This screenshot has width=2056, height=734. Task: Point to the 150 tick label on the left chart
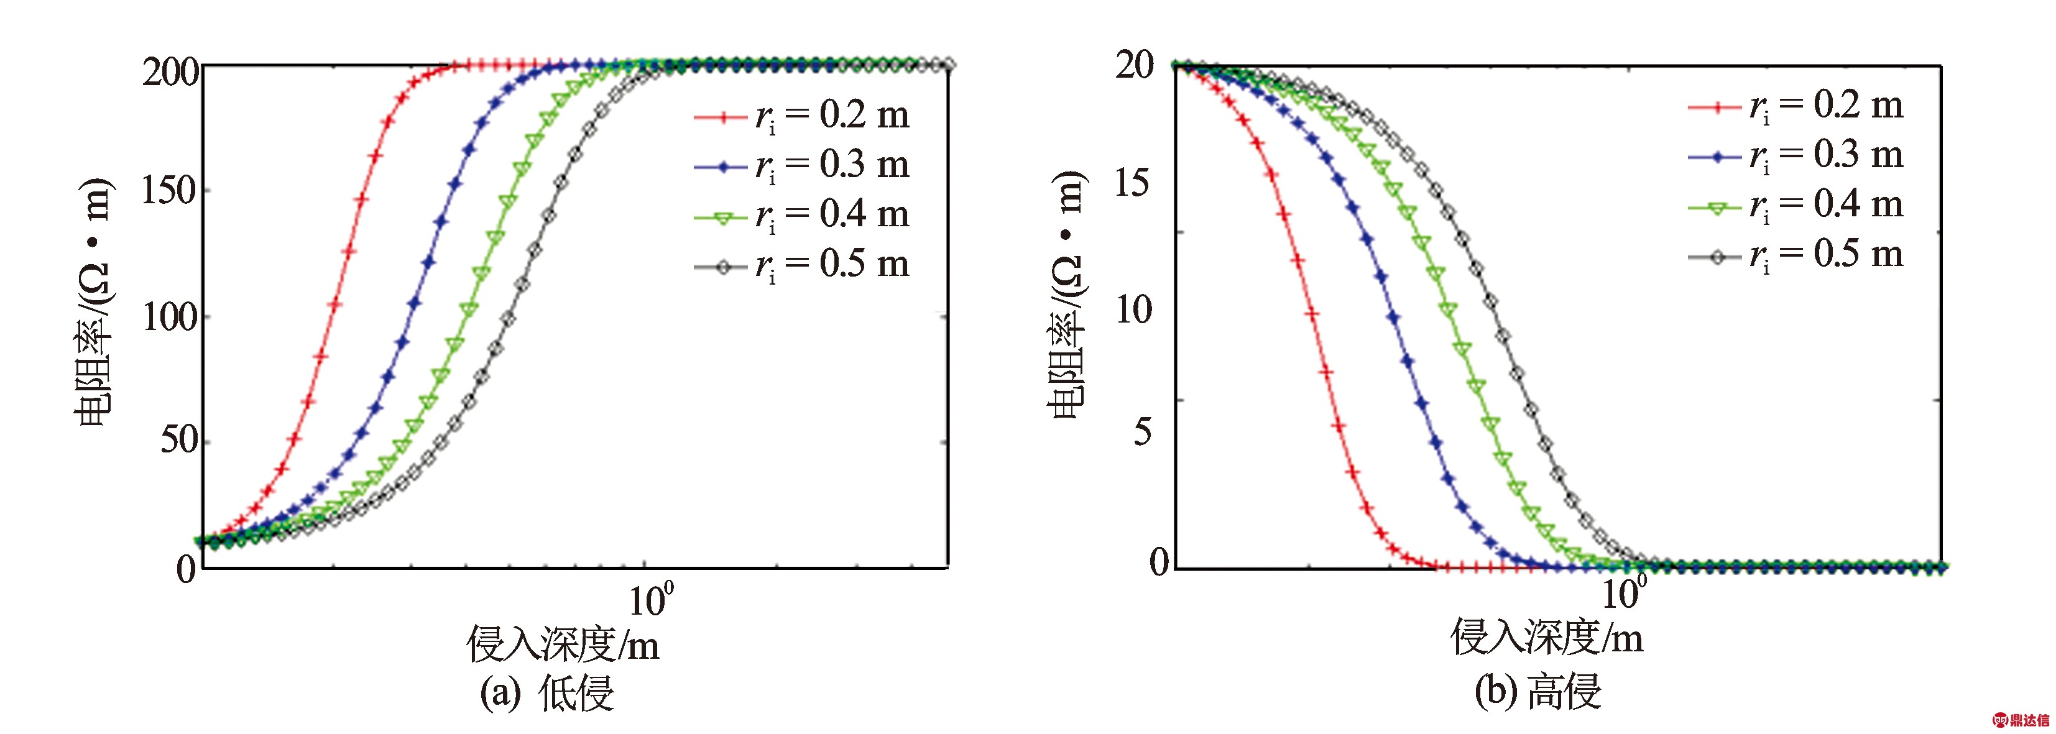(169, 191)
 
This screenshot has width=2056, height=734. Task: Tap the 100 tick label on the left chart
(169, 318)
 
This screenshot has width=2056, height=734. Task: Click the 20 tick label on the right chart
(1135, 65)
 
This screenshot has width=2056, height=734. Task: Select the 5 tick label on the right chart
(1143, 431)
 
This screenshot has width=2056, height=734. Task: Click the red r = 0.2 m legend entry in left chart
(801, 116)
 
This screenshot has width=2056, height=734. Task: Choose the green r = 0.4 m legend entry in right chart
(1796, 206)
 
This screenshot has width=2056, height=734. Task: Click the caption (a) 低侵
(546, 692)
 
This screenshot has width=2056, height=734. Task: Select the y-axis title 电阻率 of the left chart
(93, 303)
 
